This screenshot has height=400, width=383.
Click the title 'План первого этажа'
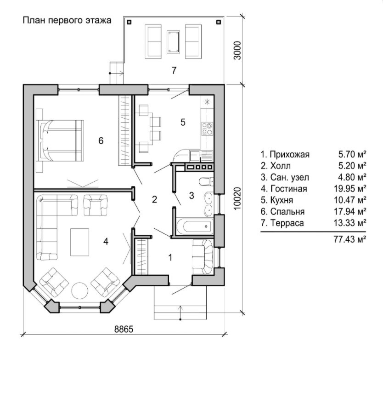pyautogui.click(x=67, y=20)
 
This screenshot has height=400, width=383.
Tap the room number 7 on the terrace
pyautogui.click(x=174, y=70)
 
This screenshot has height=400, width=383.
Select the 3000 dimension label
pyautogui.click(x=237, y=50)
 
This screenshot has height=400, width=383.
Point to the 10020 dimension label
pyautogui.click(x=237, y=199)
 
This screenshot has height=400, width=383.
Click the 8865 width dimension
pyautogui.click(x=124, y=329)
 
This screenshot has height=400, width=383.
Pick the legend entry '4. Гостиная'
pyautogui.click(x=284, y=189)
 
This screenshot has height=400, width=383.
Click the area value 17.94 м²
pyautogui.click(x=350, y=211)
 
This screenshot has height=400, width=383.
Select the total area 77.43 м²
pyautogui.click(x=350, y=239)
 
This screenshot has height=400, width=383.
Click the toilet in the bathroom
pyautogui.click(x=206, y=182)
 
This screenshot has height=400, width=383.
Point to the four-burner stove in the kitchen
pyautogui.click(x=207, y=129)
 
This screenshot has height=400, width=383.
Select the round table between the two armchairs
pyautogui.click(x=79, y=290)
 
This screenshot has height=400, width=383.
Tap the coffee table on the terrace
pyautogui.click(x=173, y=42)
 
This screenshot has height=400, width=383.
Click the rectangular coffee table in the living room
pyautogui.click(x=79, y=242)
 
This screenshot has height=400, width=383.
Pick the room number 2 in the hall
pyautogui.click(x=154, y=200)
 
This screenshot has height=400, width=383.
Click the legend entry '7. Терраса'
pyautogui.click(x=282, y=223)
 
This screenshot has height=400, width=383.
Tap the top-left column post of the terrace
pyautogui.click(x=130, y=22)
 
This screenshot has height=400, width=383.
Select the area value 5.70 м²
pyautogui.click(x=352, y=154)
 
